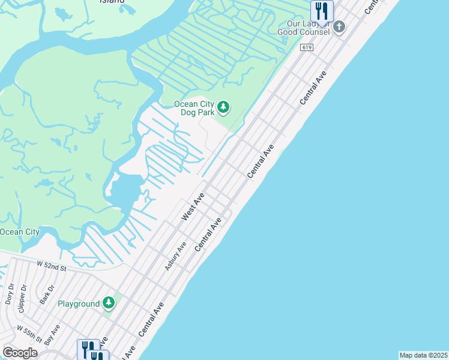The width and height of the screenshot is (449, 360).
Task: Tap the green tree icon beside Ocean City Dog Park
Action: [223, 107]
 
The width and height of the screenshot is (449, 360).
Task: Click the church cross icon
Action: [339, 27]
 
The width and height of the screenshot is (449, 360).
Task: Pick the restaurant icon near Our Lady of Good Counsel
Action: [322, 11]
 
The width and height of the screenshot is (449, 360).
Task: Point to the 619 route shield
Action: [307, 47]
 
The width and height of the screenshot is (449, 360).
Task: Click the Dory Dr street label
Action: [9, 294]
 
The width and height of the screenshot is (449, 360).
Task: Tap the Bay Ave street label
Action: [55, 332]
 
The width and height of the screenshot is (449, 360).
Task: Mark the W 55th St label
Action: [30, 334]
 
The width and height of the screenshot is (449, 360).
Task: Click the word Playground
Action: [79, 304]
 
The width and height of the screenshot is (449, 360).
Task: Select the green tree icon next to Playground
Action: [109, 303]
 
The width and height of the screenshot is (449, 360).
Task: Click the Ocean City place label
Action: [19, 232]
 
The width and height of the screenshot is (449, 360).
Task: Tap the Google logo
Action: [20, 353]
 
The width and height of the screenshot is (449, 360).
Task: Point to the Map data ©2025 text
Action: [424, 355]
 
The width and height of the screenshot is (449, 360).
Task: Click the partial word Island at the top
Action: [112, 2]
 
